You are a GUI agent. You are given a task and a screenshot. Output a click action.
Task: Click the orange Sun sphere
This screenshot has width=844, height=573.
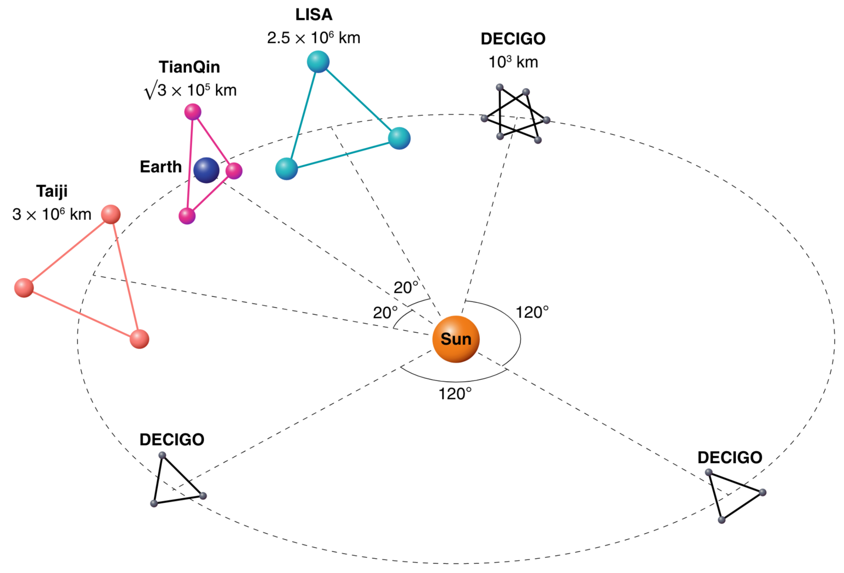point(456,339)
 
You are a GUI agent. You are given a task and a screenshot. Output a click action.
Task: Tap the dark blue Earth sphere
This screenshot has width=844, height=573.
point(206,170)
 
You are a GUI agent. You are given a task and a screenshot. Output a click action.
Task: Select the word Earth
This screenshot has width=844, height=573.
point(161,167)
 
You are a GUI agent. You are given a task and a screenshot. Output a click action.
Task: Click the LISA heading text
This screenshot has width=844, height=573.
point(314,15)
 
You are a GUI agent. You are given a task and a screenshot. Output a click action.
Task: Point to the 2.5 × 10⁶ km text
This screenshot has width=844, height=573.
point(314,38)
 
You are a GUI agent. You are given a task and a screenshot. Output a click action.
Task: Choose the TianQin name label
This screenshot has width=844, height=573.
point(190,67)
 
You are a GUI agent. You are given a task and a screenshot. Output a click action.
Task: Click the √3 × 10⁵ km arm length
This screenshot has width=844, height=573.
point(190,90)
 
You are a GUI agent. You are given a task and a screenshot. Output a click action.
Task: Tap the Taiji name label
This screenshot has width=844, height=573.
point(52,191)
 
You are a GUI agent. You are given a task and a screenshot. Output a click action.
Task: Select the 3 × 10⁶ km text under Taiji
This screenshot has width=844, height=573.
point(52,214)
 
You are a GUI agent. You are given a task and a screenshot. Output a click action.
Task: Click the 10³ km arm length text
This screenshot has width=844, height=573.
point(513,62)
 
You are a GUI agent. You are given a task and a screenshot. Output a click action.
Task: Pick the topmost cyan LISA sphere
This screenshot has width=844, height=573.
point(318,62)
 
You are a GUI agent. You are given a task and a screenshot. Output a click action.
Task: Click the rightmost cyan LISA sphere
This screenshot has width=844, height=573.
point(399,138)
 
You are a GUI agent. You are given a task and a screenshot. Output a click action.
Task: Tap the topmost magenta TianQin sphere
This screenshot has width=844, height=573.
point(193,112)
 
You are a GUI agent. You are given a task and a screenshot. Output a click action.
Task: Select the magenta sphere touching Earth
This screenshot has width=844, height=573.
point(234,171)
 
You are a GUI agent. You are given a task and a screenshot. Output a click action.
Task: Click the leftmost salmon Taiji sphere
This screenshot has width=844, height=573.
point(24,288)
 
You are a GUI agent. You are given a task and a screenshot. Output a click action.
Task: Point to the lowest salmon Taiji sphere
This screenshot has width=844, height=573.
point(139,339)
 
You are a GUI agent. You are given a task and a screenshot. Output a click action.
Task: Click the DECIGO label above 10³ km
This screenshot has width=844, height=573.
point(513,39)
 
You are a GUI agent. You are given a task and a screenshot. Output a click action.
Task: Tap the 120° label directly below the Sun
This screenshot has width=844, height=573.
point(455,394)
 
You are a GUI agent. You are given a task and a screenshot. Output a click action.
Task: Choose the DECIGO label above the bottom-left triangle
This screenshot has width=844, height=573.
point(172,440)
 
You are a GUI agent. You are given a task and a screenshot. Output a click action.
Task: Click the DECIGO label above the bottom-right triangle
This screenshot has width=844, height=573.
point(730,458)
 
